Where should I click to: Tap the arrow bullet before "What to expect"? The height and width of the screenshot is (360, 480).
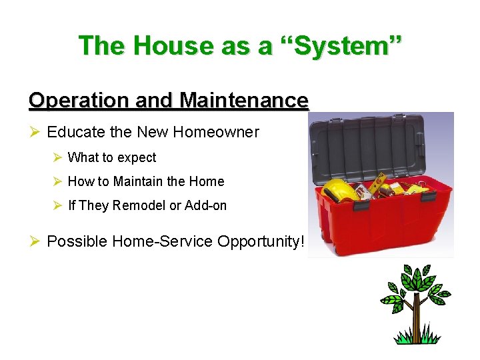[57, 158]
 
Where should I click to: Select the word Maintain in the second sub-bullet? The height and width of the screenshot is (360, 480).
[139, 181]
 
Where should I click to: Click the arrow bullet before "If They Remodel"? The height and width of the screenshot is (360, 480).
[57, 205]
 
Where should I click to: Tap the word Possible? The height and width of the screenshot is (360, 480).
[77, 241]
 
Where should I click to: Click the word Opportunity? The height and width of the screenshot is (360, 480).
[261, 241]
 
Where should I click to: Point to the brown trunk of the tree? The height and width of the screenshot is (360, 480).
[415, 319]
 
